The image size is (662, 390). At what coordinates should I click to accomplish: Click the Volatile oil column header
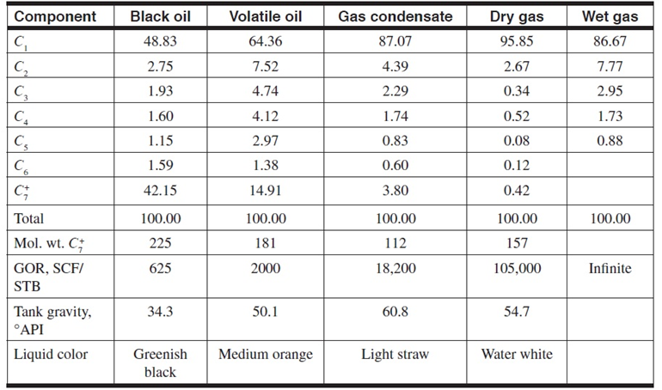pyautogui.click(x=266, y=17)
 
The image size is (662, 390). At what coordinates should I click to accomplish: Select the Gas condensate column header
pyautogui.click(x=395, y=17)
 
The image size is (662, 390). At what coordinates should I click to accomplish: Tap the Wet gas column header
pyautogui.click(x=610, y=17)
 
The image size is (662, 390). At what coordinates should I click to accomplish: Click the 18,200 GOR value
pyautogui.click(x=395, y=269)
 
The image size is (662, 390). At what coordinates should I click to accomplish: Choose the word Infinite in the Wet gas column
pyautogui.click(x=610, y=269)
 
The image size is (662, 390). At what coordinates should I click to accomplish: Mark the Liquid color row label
pyautogui.click(x=51, y=354)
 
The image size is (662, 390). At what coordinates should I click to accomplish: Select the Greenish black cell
pyautogui.click(x=160, y=363)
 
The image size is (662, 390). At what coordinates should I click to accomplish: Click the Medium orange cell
pyautogui.click(x=266, y=354)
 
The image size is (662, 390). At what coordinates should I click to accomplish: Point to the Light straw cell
pyautogui.click(x=395, y=354)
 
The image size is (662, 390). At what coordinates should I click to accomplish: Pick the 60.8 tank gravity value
pyautogui.click(x=395, y=312)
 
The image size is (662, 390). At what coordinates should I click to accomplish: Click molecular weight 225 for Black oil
pyautogui.click(x=159, y=243)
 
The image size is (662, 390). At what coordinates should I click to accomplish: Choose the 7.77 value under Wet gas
pyautogui.click(x=610, y=66)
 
